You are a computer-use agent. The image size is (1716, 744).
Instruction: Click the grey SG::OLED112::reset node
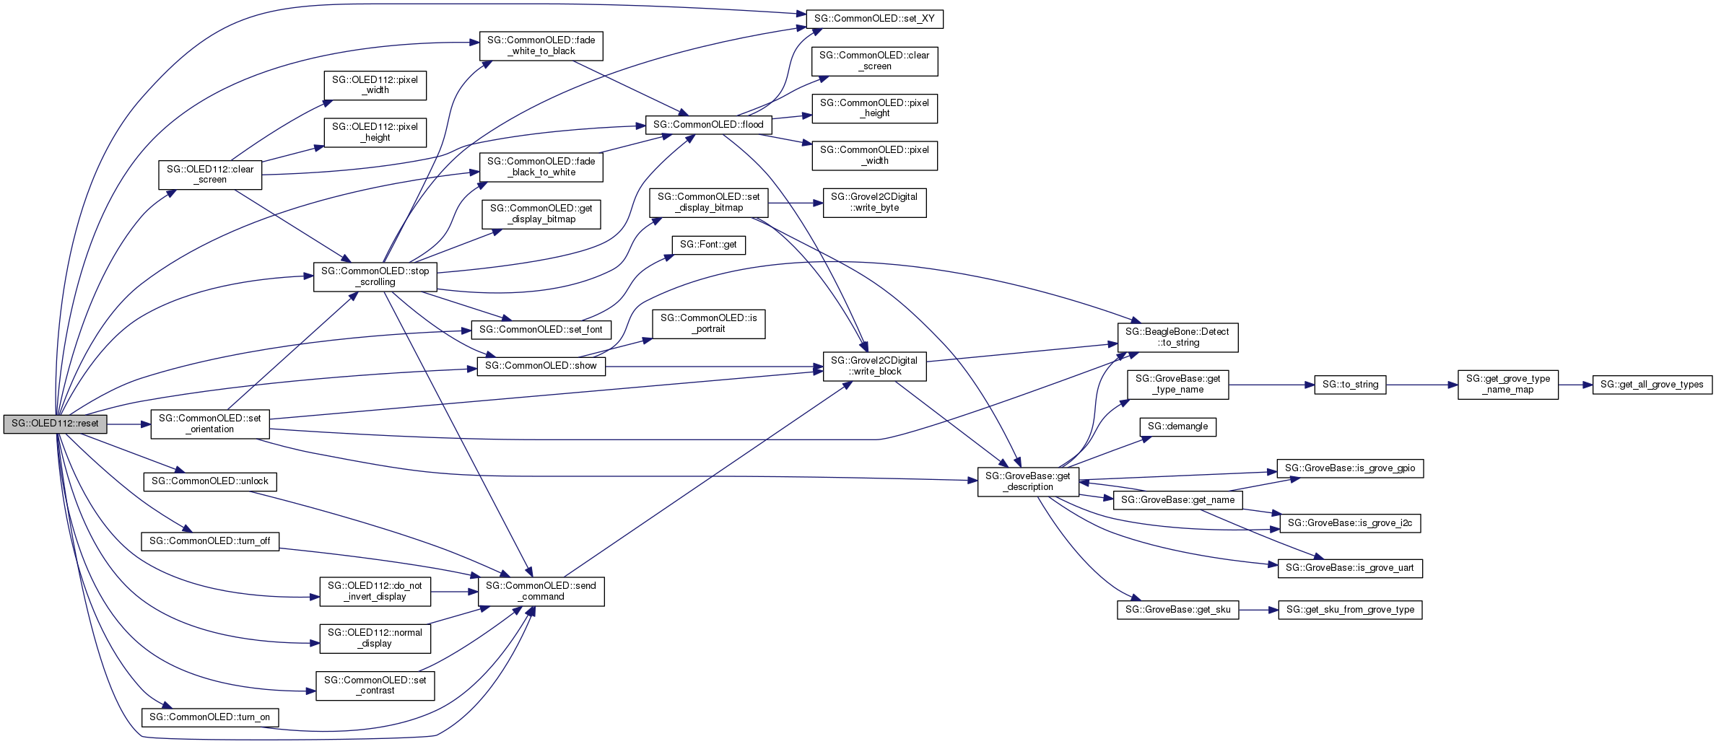click(x=55, y=424)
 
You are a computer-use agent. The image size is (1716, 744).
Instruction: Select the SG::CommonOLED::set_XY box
click(x=874, y=19)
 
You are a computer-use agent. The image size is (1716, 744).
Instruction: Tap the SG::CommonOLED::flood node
click(x=708, y=125)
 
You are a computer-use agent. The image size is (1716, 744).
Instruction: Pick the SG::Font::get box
click(x=708, y=245)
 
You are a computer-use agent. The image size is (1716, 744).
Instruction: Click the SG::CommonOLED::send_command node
click(x=541, y=591)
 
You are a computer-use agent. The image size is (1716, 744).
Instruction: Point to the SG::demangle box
click(x=1177, y=426)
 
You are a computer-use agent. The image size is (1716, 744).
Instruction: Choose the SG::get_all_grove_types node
click(x=1652, y=385)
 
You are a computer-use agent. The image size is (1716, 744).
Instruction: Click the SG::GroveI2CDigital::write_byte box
click(x=874, y=203)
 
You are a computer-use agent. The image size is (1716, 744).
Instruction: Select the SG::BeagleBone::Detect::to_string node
click(x=1177, y=338)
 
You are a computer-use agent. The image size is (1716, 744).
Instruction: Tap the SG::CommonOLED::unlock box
click(x=210, y=481)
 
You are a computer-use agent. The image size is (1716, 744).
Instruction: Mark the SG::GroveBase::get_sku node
click(x=1177, y=610)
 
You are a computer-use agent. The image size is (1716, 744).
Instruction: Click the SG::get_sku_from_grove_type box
click(x=1350, y=610)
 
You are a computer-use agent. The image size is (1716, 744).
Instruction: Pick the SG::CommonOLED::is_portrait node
click(x=708, y=324)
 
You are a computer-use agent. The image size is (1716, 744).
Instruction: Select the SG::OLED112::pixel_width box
click(x=375, y=85)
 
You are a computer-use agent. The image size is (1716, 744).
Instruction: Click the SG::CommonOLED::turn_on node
click(x=210, y=717)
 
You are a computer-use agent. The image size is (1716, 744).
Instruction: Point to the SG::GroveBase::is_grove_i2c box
click(x=1350, y=523)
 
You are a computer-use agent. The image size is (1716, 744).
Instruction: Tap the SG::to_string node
click(x=1350, y=385)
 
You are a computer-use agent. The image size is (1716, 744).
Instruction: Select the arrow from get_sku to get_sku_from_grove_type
click(x=1258, y=610)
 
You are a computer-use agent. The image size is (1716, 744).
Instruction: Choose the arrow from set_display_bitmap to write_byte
click(x=795, y=203)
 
